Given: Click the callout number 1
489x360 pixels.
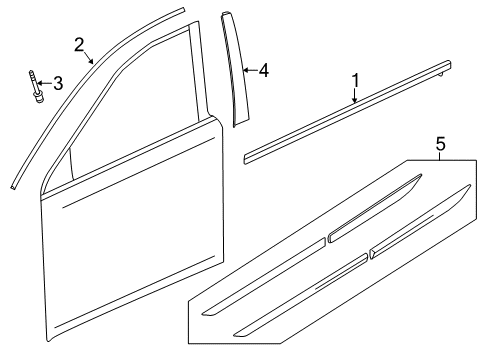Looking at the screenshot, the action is coord(355,80).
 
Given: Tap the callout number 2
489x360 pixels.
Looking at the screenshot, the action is coord(79,43).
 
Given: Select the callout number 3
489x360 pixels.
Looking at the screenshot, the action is coord(58,84).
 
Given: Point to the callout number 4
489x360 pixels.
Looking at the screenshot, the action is coord(264,71).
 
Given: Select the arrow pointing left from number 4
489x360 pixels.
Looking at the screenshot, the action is coord(250,71).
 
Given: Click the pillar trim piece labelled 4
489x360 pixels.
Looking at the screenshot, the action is coord(238,75).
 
